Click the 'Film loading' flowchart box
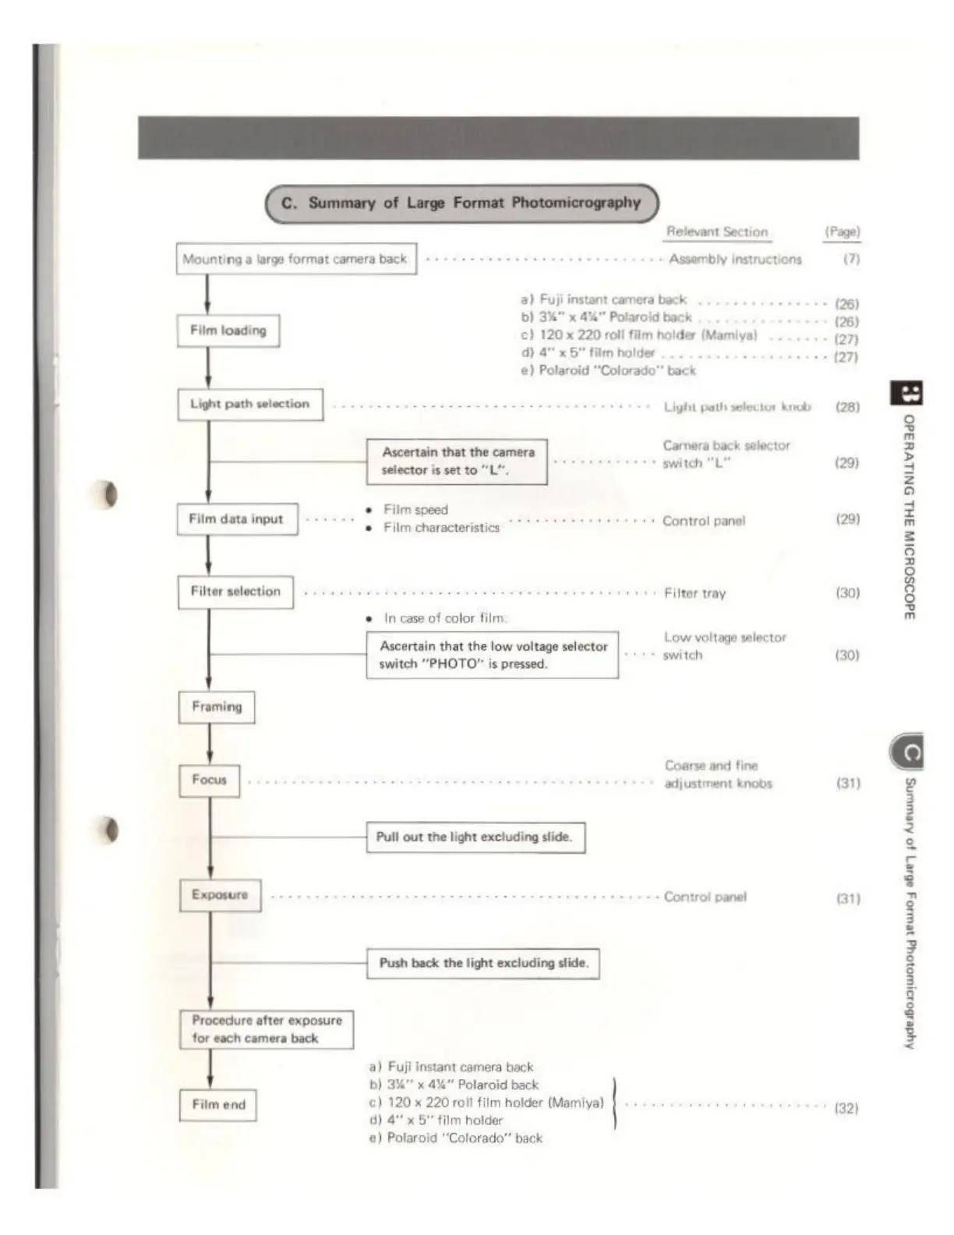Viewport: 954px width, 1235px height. (228, 331)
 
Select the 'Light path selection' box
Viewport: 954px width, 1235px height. (250, 405)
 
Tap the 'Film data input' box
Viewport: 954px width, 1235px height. (237, 519)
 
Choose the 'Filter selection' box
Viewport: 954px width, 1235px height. (235, 592)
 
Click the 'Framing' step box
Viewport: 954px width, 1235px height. (217, 707)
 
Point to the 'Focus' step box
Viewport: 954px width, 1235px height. (209, 780)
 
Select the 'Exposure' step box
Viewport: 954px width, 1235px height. (220, 895)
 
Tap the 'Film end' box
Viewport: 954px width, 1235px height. (218, 1105)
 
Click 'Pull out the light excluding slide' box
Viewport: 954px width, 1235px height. (475, 837)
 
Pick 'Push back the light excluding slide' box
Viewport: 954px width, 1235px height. (483, 964)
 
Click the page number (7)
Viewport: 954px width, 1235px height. (851, 259)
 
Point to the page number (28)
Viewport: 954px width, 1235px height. (847, 407)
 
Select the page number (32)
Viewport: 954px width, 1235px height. (846, 1108)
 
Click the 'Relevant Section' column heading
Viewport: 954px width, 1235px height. (717, 232)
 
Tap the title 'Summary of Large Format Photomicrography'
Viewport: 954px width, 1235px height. (462, 203)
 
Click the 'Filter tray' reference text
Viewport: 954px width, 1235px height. (694, 593)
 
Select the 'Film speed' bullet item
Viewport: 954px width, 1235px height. (415, 510)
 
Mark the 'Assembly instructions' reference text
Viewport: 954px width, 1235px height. (735, 259)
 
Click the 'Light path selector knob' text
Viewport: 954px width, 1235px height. (737, 407)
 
